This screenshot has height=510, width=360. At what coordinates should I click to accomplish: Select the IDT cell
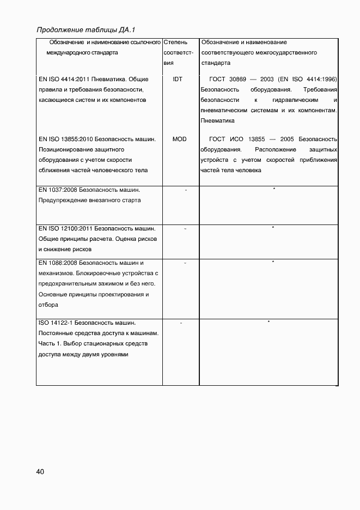[x=177, y=79]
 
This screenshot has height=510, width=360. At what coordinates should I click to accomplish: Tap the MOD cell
[x=179, y=139]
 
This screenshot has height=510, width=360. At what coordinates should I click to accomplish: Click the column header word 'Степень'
[x=175, y=42]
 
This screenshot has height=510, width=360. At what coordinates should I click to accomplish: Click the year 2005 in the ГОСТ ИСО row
[x=287, y=139]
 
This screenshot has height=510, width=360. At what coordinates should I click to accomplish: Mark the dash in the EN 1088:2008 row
[x=185, y=263]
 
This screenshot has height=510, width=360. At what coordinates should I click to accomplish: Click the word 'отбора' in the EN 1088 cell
[x=48, y=305]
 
